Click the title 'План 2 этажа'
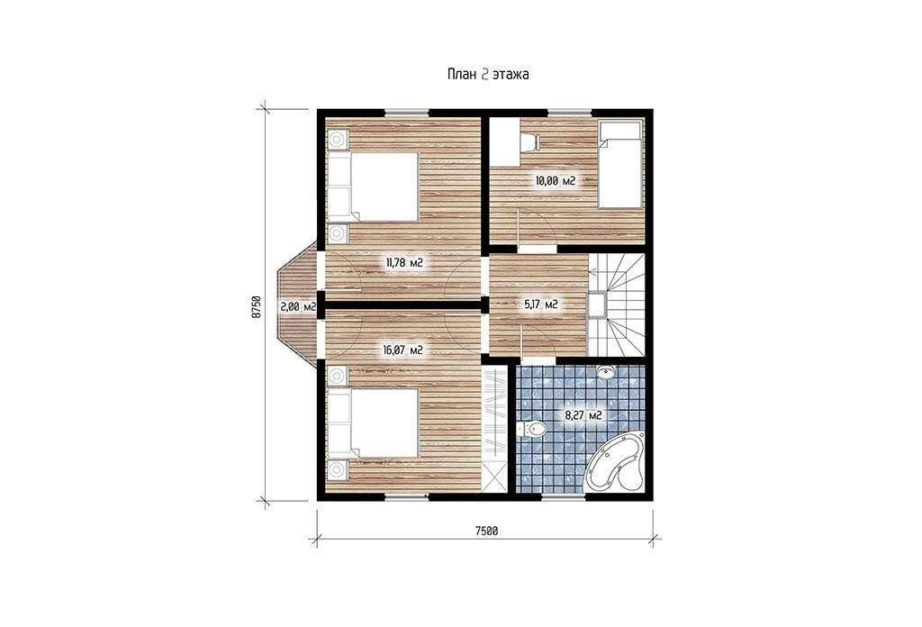tap(488, 75)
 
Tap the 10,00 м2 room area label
tap(555, 180)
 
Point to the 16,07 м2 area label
tap(402, 350)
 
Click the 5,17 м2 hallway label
tap(540, 304)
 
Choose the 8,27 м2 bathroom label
tap(583, 415)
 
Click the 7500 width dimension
tap(486, 531)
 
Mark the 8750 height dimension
tap(256, 306)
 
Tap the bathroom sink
tap(606, 371)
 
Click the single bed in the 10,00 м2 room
tap(619, 165)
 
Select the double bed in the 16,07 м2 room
tap(373, 423)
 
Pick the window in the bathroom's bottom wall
tap(564, 497)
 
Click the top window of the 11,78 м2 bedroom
tap(406, 113)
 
